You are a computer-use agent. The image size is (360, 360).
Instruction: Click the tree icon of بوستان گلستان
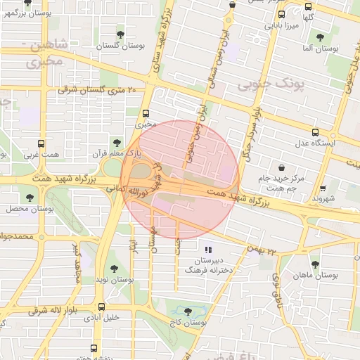pyautogui.click(x=121, y=33)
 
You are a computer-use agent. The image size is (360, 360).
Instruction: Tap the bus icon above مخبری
pyautogui.click(x=146, y=112)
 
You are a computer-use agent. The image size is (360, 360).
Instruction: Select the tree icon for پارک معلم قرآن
pyautogui.click(x=117, y=143)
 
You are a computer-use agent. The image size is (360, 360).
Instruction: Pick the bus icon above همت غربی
pyautogui.click(x=40, y=143)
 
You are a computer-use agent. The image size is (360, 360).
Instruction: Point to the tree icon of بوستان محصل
pyautogui.click(x=30, y=199)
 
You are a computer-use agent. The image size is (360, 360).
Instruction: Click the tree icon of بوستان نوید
pyautogui.click(x=114, y=268)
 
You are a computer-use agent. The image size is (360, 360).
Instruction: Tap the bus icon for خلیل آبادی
pyautogui.click(x=103, y=307)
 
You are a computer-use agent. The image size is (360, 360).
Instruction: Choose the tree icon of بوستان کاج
pyautogui.click(x=187, y=311)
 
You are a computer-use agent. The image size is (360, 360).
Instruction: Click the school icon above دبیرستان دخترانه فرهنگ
pyautogui.click(x=207, y=250)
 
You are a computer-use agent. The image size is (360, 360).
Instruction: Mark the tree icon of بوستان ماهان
pyautogui.click(x=314, y=264)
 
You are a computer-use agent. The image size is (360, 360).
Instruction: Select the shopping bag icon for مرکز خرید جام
pyautogui.click(x=282, y=167)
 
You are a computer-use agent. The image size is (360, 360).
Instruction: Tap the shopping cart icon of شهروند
pyautogui.click(x=323, y=188)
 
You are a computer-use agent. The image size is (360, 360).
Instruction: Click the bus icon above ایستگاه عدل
pyautogui.click(x=315, y=131)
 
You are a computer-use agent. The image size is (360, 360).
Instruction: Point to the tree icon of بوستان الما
pyautogui.click(x=320, y=37)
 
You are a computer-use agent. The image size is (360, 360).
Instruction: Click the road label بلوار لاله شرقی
pyautogui.click(x=50, y=309)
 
